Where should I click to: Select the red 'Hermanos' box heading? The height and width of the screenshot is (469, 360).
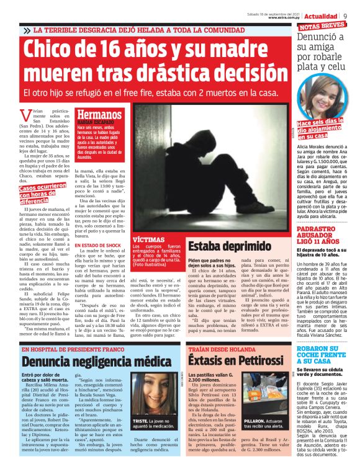coord(100,114)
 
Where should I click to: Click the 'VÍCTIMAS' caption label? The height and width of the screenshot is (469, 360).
coord(149,238)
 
